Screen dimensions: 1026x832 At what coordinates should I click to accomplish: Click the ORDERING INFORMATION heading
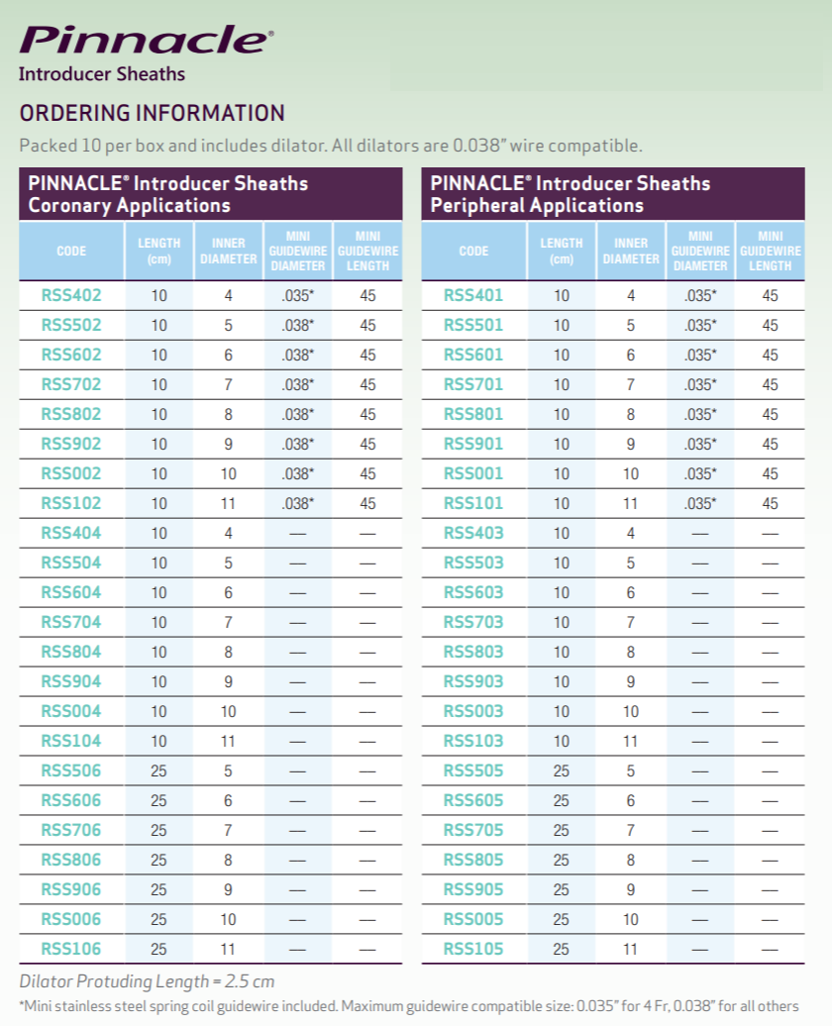point(152,113)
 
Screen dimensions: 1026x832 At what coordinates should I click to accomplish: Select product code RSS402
point(71,295)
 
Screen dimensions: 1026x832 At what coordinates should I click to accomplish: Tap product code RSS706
point(71,830)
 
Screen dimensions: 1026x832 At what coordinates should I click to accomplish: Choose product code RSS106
point(71,949)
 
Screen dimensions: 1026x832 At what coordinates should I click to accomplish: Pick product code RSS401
point(473,295)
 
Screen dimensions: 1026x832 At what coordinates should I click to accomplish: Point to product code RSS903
point(473,681)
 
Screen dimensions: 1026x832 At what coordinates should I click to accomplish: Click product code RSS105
point(473,949)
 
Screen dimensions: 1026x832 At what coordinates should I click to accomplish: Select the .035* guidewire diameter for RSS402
point(297,295)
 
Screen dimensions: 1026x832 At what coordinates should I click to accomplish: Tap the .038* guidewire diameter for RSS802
point(297,414)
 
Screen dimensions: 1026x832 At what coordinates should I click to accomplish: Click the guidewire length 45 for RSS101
point(770,503)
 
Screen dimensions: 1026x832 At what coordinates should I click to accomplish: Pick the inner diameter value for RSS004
point(228,711)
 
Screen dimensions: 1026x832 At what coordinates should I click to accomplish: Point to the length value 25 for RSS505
point(562,770)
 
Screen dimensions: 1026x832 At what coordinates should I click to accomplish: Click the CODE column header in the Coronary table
point(71,252)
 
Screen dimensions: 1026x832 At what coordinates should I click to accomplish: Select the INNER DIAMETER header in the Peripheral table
point(631,251)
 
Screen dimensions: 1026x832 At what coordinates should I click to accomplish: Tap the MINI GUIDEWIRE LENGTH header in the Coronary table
point(367,251)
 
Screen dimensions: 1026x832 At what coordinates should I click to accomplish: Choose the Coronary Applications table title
point(168,194)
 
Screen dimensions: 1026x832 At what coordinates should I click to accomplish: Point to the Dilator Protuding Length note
point(147,982)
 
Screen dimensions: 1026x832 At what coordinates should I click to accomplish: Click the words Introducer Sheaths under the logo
point(102,73)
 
